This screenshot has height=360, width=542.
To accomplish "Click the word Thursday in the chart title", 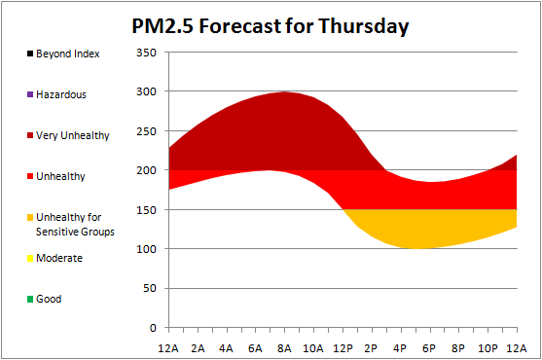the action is [363, 26].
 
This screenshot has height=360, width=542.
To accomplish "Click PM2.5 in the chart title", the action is [163, 26].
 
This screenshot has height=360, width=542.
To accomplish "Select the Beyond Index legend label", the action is [68, 54].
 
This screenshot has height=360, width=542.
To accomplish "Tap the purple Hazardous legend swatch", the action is [30, 94].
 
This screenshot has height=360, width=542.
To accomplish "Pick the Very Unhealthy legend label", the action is [73, 135].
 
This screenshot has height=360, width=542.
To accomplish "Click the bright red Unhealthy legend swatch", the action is [30, 176].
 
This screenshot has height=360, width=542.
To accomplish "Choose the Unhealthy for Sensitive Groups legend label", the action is [75, 224].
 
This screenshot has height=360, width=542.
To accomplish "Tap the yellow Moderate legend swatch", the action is [30, 258].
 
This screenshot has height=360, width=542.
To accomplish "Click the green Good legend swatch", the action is [30, 299].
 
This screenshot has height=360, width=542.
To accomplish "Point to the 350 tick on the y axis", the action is [146, 53].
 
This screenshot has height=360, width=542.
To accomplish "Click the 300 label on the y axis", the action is [146, 91].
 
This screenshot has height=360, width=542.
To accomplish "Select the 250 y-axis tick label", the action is [146, 131].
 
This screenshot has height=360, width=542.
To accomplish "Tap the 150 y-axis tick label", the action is [146, 210].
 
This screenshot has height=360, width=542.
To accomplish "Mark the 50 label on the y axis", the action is [150, 288].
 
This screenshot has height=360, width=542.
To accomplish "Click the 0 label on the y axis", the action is [153, 328].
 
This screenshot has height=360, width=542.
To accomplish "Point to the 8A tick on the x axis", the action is [284, 348].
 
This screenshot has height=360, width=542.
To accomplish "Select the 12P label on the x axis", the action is [343, 348].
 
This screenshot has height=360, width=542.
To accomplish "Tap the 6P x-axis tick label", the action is [429, 348].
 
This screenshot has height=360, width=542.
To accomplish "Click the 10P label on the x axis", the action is [488, 348].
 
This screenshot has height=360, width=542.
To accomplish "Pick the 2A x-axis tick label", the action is [198, 348].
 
